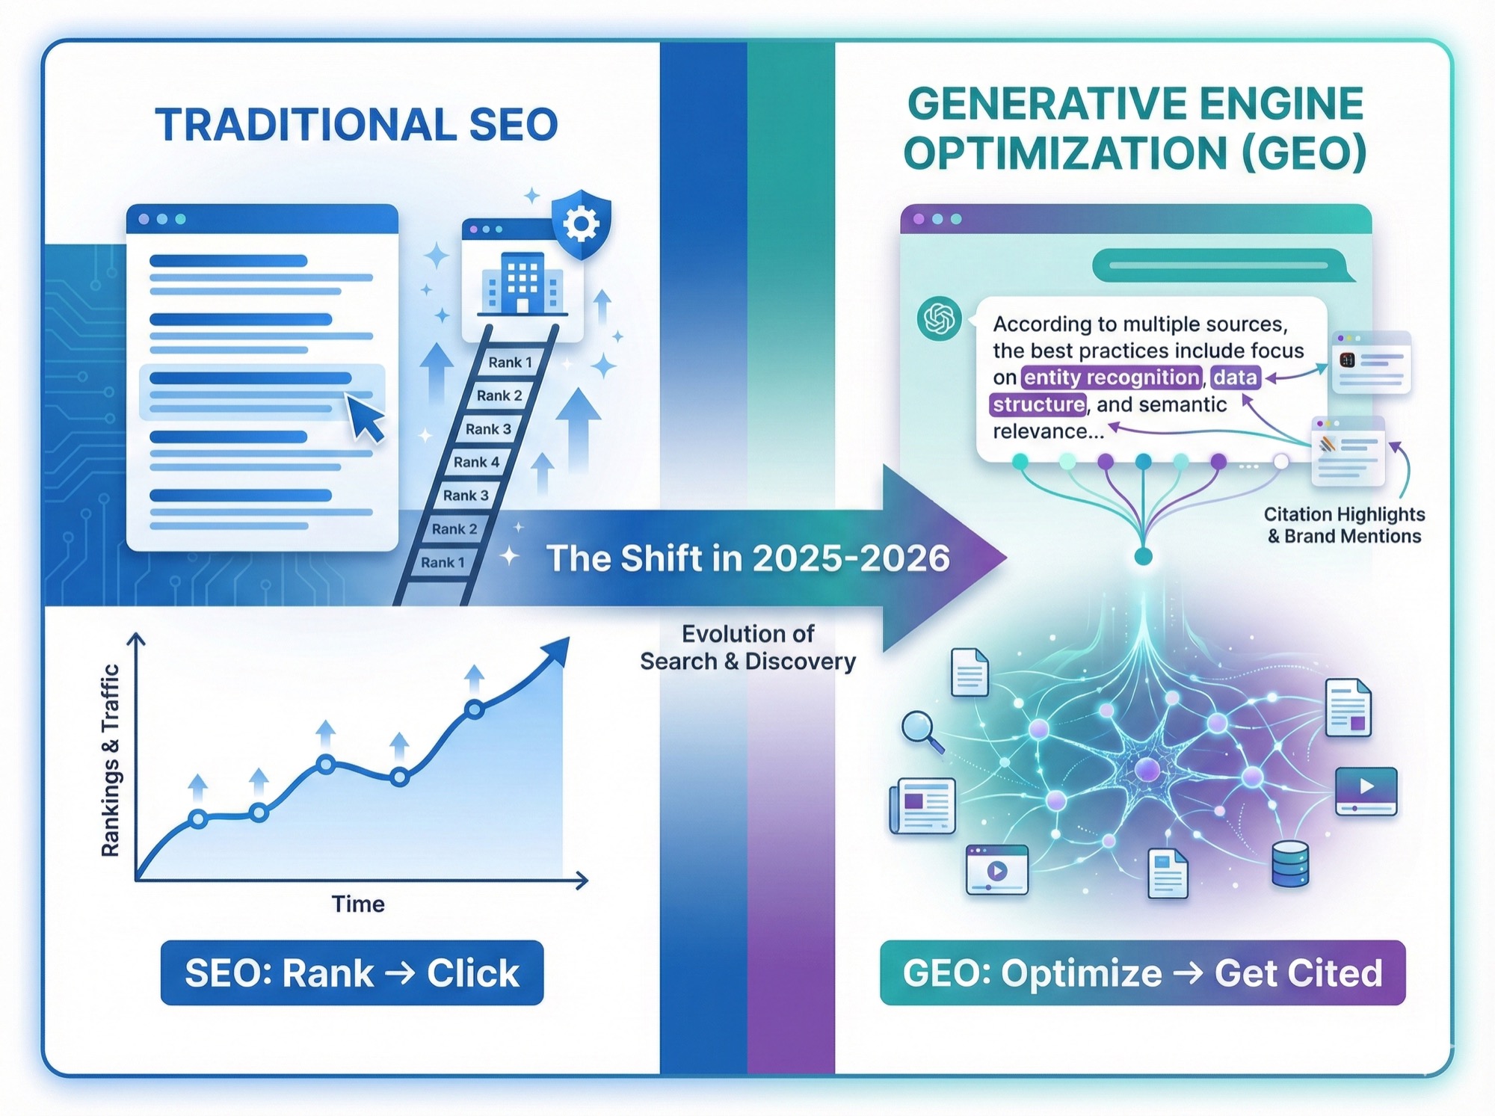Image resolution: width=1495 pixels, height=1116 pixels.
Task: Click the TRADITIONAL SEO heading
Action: [x=357, y=124]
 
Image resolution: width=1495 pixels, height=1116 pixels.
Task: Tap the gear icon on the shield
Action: [x=581, y=223]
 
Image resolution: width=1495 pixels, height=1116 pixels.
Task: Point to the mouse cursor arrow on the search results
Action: [x=366, y=418]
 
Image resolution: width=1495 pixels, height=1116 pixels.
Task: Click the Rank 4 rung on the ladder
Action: [x=476, y=462]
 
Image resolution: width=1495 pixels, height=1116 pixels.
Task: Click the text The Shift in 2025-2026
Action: [x=747, y=558]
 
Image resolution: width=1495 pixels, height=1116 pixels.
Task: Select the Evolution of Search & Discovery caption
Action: [x=747, y=647]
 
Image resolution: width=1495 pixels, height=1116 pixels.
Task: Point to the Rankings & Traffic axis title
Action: [x=111, y=760]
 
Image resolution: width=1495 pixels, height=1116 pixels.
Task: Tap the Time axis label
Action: [x=358, y=904]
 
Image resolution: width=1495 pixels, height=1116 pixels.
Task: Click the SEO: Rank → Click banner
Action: [x=352, y=972]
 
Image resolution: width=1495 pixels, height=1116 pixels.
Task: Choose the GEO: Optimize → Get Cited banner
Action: [x=1142, y=972]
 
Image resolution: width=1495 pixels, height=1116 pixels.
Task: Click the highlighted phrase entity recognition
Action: [x=1112, y=377]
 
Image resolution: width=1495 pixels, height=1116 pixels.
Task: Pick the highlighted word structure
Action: [x=1038, y=404]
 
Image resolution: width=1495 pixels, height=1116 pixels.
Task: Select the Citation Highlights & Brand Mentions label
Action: [x=1344, y=525]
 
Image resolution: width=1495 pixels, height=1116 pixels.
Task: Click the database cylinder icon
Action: [x=1289, y=863]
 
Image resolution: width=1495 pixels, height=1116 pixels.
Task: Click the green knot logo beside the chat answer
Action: [x=939, y=318]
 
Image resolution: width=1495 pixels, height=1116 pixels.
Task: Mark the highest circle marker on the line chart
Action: [x=474, y=709]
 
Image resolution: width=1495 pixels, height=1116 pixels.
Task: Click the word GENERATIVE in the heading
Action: [x=1017, y=104]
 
